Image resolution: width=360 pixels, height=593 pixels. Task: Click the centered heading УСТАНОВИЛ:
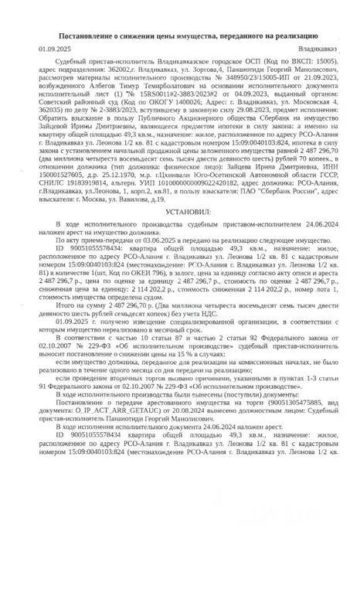point(183,210)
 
